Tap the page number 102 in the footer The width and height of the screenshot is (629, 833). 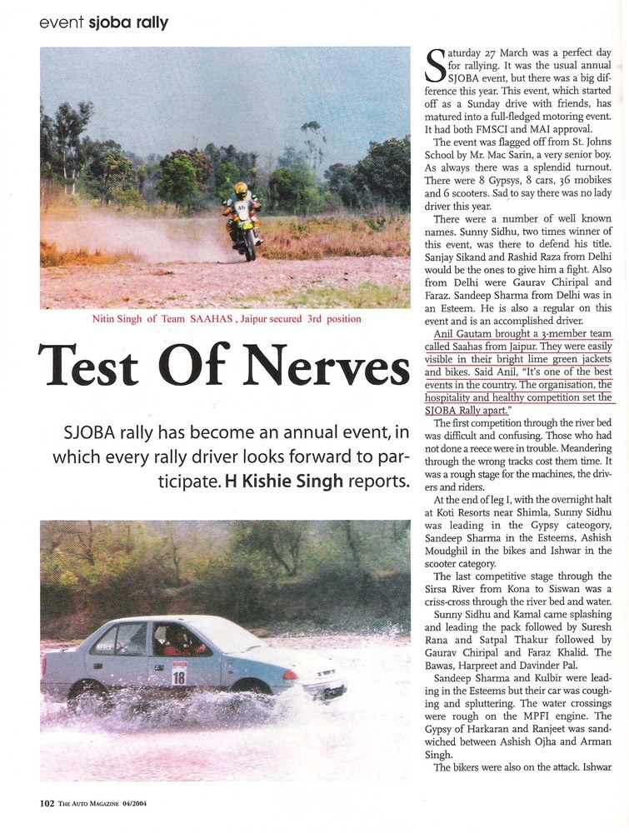click(47, 804)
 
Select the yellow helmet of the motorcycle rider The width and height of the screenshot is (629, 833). click(241, 189)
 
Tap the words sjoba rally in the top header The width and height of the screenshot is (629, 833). click(128, 23)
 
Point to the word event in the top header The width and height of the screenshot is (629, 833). click(62, 23)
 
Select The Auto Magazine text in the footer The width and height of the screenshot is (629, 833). click(87, 804)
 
